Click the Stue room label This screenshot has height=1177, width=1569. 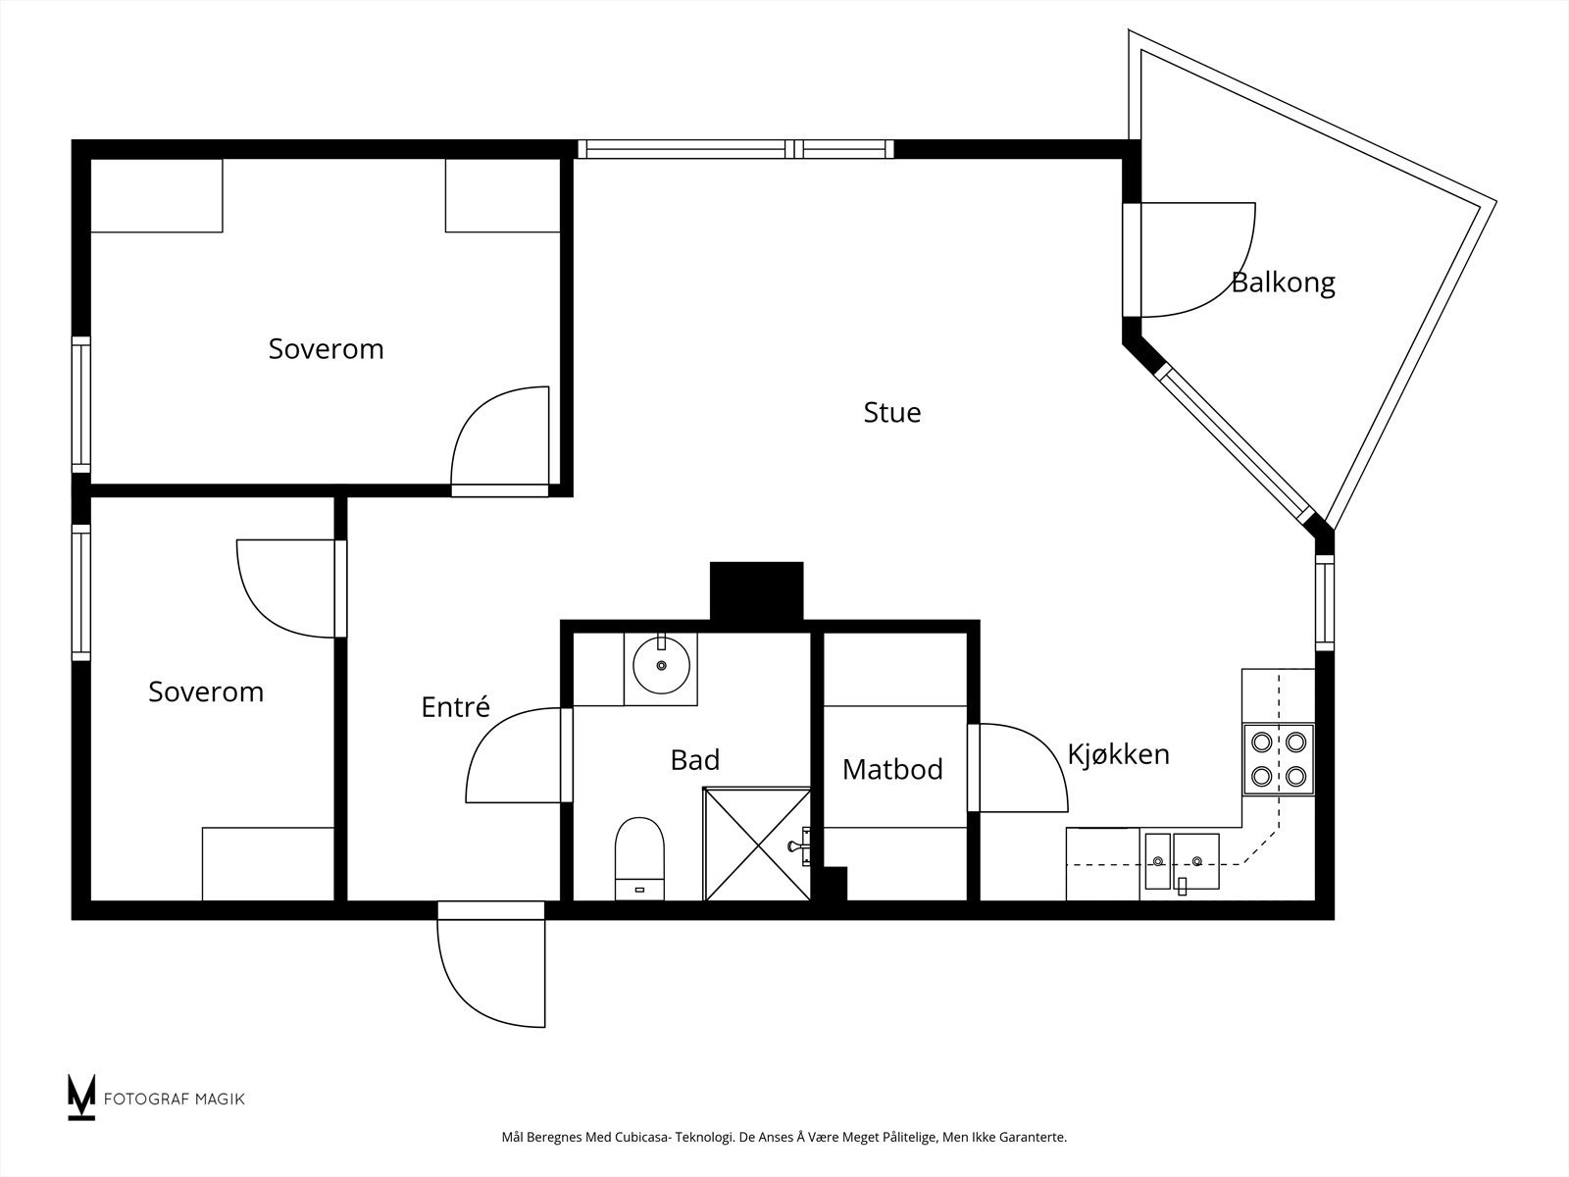tap(892, 412)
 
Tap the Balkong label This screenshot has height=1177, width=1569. tap(1283, 283)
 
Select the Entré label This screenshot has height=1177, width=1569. tap(455, 707)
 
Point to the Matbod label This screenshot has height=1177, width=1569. tap(892, 769)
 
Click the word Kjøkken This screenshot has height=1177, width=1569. tap(1118, 754)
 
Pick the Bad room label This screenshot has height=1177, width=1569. tap(695, 759)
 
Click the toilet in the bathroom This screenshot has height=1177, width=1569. tap(639, 858)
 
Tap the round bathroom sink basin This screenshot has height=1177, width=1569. tap(661, 666)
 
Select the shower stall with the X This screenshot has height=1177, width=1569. tap(757, 844)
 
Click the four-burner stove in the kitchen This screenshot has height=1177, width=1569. tap(1279, 759)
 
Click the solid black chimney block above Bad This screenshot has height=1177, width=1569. tap(756, 591)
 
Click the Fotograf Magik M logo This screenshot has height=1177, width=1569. tap(80, 1097)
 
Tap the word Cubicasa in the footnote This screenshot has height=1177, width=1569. tap(641, 1137)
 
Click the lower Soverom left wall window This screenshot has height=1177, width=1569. tap(81, 592)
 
